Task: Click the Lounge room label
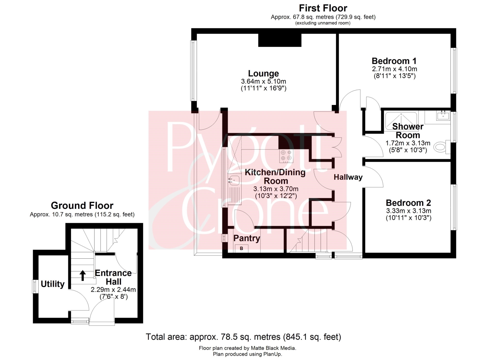coord(263,74)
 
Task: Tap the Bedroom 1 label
coord(394,61)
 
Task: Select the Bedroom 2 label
coord(409,203)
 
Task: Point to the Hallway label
coord(348,177)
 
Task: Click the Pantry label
coord(247,238)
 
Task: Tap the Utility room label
coord(52,284)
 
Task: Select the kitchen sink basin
coord(234,180)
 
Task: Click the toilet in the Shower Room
coord(442,147)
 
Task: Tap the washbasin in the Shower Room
coord(443,115)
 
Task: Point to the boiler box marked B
coord(241,248)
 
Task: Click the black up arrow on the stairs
coord(82,275)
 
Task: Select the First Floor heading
coord(323,8)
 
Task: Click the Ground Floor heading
coord(82,206)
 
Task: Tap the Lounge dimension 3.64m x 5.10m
coord(263,81)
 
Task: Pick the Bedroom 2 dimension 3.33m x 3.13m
coord(409,211)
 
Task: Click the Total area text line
coord(243,337)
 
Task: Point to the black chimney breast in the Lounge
coord(280,40)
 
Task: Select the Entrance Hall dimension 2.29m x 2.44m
coord(113,289)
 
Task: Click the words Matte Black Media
coord(273,348)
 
